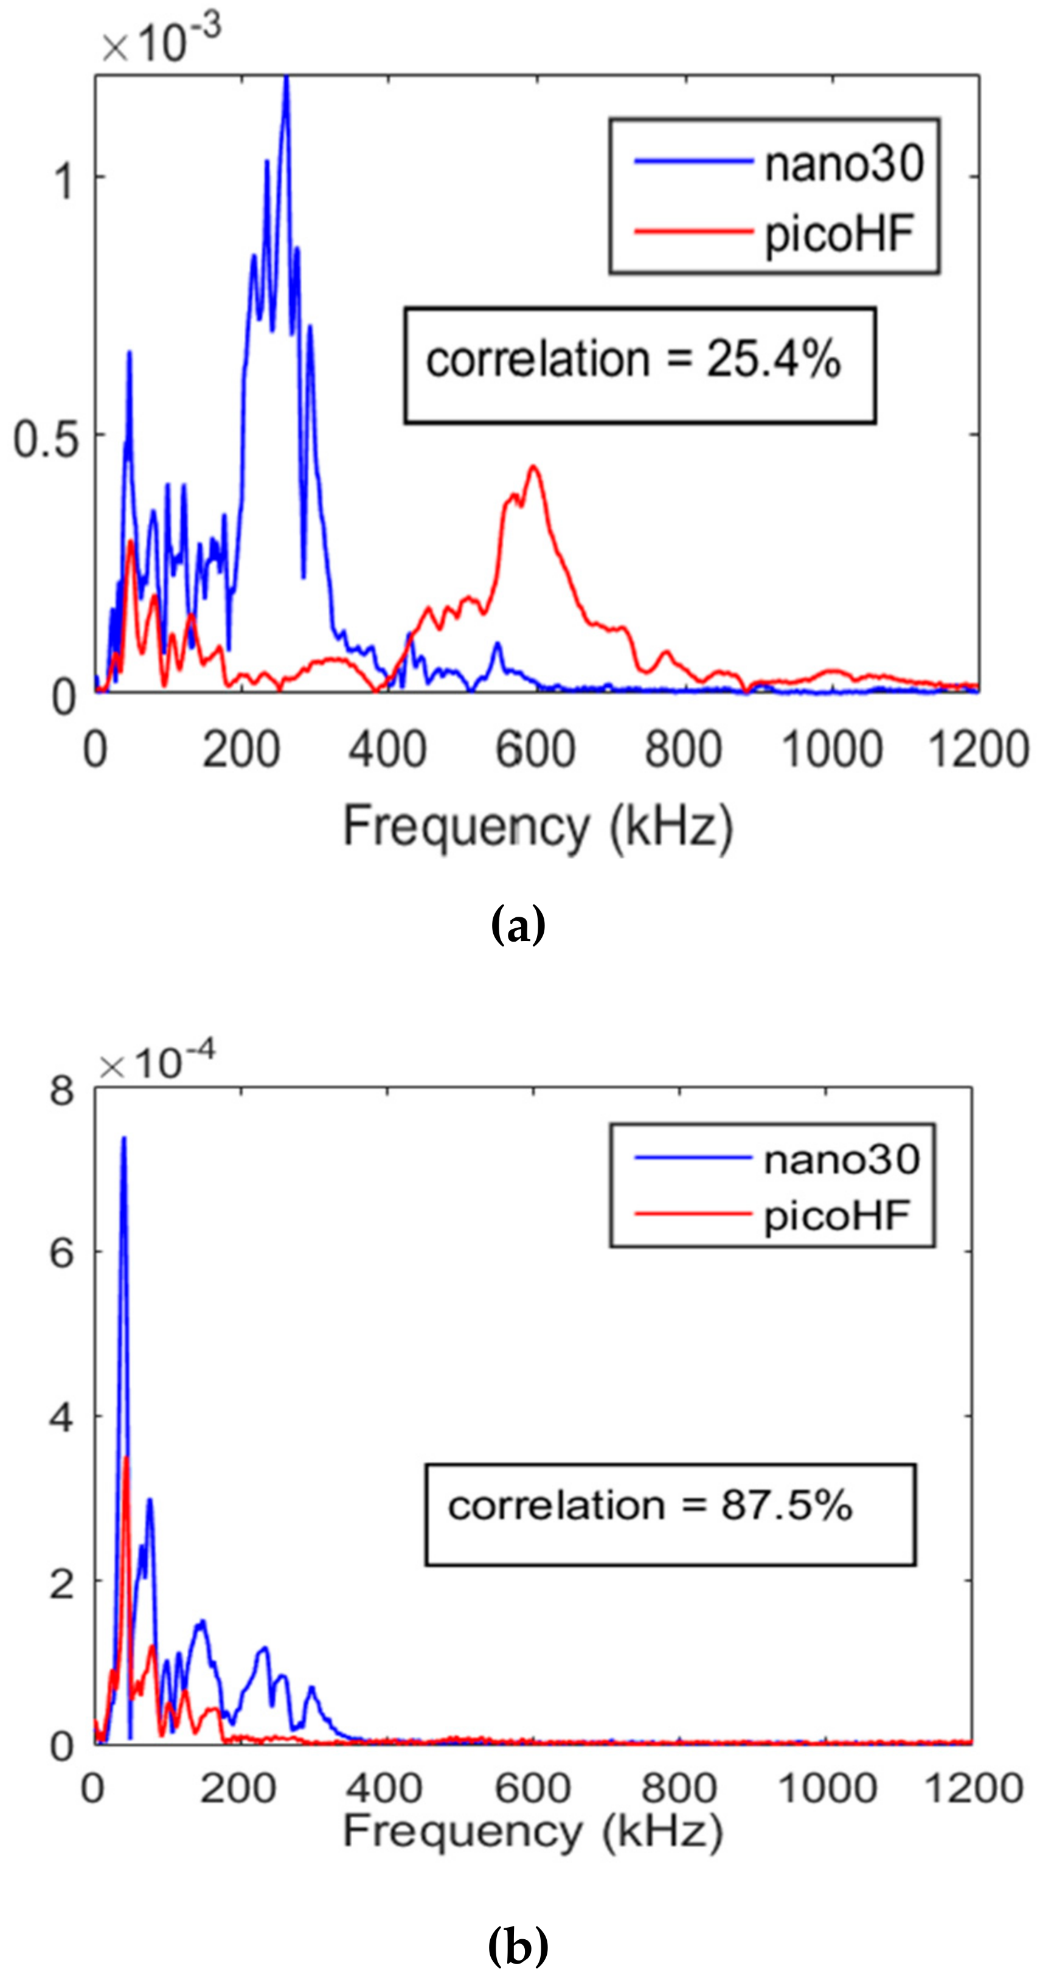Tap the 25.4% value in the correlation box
(x=772, y=359)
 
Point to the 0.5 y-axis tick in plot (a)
(x=46, y=440)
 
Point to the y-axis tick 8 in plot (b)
(x=61, y=1091)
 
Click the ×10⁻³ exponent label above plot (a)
(x=161, y=38)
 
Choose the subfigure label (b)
(x=518, y=1945)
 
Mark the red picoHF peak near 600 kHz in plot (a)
(x=533, y=467)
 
